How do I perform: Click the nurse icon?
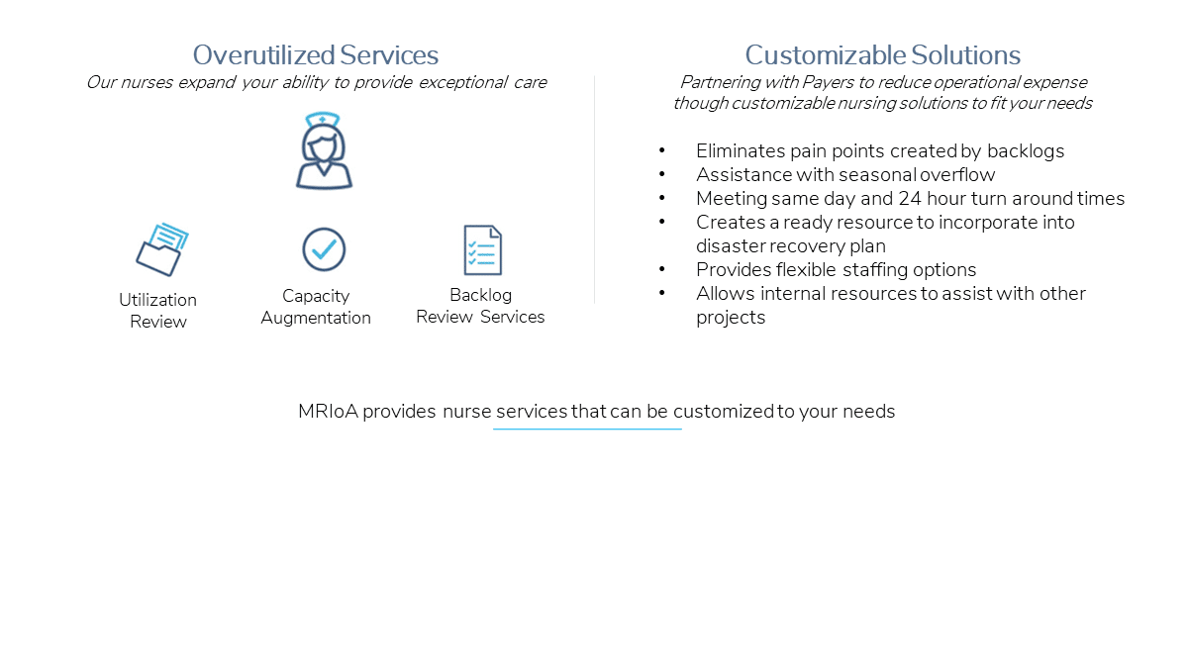coord(324,151)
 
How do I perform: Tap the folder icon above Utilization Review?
coord(162,249)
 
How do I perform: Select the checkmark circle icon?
coord(324,249)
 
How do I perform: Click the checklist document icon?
coord(483,250)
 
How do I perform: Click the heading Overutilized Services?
coord(316,55)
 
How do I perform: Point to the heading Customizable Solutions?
coord(882,55)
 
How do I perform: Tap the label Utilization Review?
coord(158,311)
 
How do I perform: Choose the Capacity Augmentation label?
coord(316,307)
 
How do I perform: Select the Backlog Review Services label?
coord(480,306)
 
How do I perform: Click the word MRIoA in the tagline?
coord(329,412)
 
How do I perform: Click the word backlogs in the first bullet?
coord(1026,151)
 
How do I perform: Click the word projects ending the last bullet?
coord(731,318)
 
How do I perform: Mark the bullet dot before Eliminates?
coord(662,150)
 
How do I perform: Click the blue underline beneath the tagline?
coord(587,429)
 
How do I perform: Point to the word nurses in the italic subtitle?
coord(147,83)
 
